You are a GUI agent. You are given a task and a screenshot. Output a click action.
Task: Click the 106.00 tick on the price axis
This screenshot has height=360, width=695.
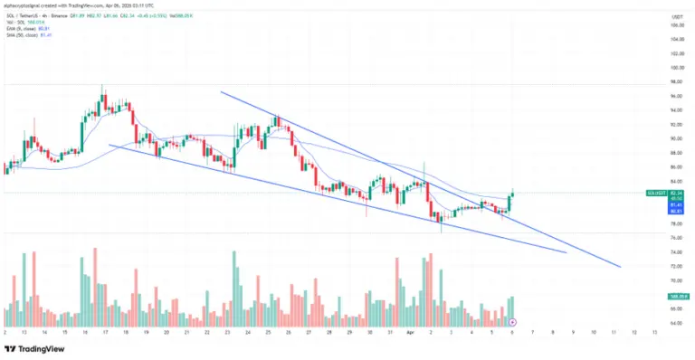click(674, 25)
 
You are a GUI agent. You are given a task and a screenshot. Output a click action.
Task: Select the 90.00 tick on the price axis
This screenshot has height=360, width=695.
click(674, 138)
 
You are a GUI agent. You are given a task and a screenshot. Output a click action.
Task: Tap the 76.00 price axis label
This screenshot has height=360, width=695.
click(674, 238)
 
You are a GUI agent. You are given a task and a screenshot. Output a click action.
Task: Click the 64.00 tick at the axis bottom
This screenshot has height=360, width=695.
click(674, 323)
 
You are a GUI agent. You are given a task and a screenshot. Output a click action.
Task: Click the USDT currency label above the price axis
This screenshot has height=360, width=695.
click(675, 16)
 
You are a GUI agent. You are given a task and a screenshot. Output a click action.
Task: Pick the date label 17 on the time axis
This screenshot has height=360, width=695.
click(105, 333)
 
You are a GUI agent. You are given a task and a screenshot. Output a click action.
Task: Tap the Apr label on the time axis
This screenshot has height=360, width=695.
click(409, 333)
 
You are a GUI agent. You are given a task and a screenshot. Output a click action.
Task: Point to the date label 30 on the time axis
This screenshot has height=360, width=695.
click(369, 333)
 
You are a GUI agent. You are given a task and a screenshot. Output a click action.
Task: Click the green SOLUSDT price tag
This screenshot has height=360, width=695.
click(675, 193)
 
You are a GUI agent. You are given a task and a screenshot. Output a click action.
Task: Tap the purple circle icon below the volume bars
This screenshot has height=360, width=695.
click(512, 322)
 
